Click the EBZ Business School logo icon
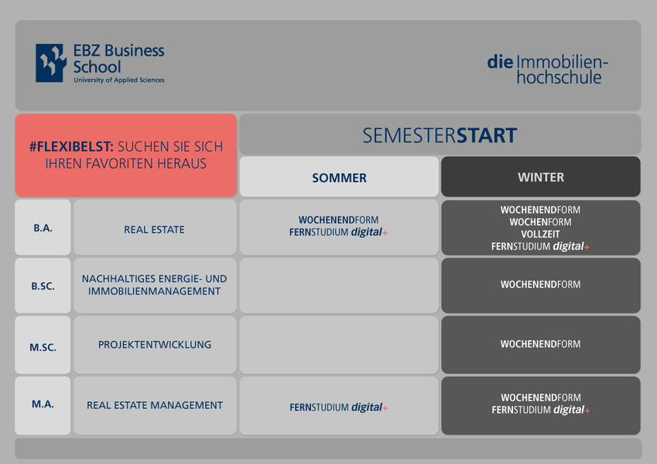[x=51, y=63]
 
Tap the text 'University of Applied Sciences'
[x=119, y=80]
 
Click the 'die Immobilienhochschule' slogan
[x=547, y=70]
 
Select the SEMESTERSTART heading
[x=440, y=135]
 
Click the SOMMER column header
[x=339, y=177]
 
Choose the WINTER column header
[x=540, y=177]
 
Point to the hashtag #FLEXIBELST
[x=71, y=147]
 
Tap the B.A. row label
[x=43, y=228]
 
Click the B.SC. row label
[x=43, y=286]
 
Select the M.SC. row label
[x=43, y=346]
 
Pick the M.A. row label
[x=43, y=404]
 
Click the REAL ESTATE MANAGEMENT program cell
[x=155, y=405]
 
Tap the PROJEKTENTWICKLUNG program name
[x=155, y=345]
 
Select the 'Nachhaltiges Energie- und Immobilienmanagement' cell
[x=155, y=285]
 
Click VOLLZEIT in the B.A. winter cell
[x=540, y=234]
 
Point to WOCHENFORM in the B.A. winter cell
[x=540, y=222]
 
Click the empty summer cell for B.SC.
[x=339, y=285]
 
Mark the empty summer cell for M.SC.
[x=339, y=345]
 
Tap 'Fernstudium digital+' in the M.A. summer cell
[x=339, y=407]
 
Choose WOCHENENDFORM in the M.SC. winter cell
[x=540, y=344]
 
